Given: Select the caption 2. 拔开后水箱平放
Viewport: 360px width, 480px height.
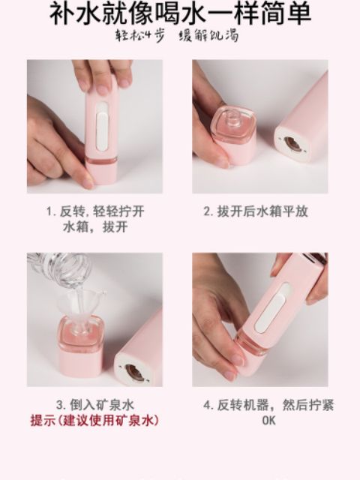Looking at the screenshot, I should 255,211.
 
